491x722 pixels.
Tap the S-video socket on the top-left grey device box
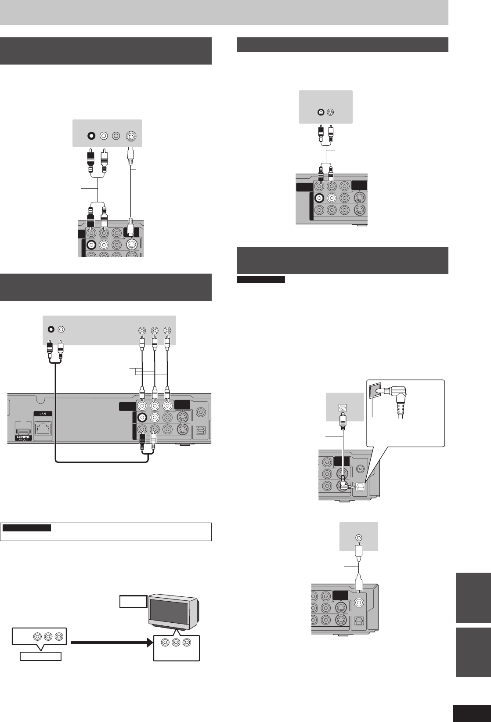[x=131, y=136]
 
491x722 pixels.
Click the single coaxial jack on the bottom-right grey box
[x=359, y=537]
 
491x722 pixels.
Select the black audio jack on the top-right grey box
[x=321, y=112]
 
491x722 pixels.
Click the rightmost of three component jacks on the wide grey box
[x=167, y=330]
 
